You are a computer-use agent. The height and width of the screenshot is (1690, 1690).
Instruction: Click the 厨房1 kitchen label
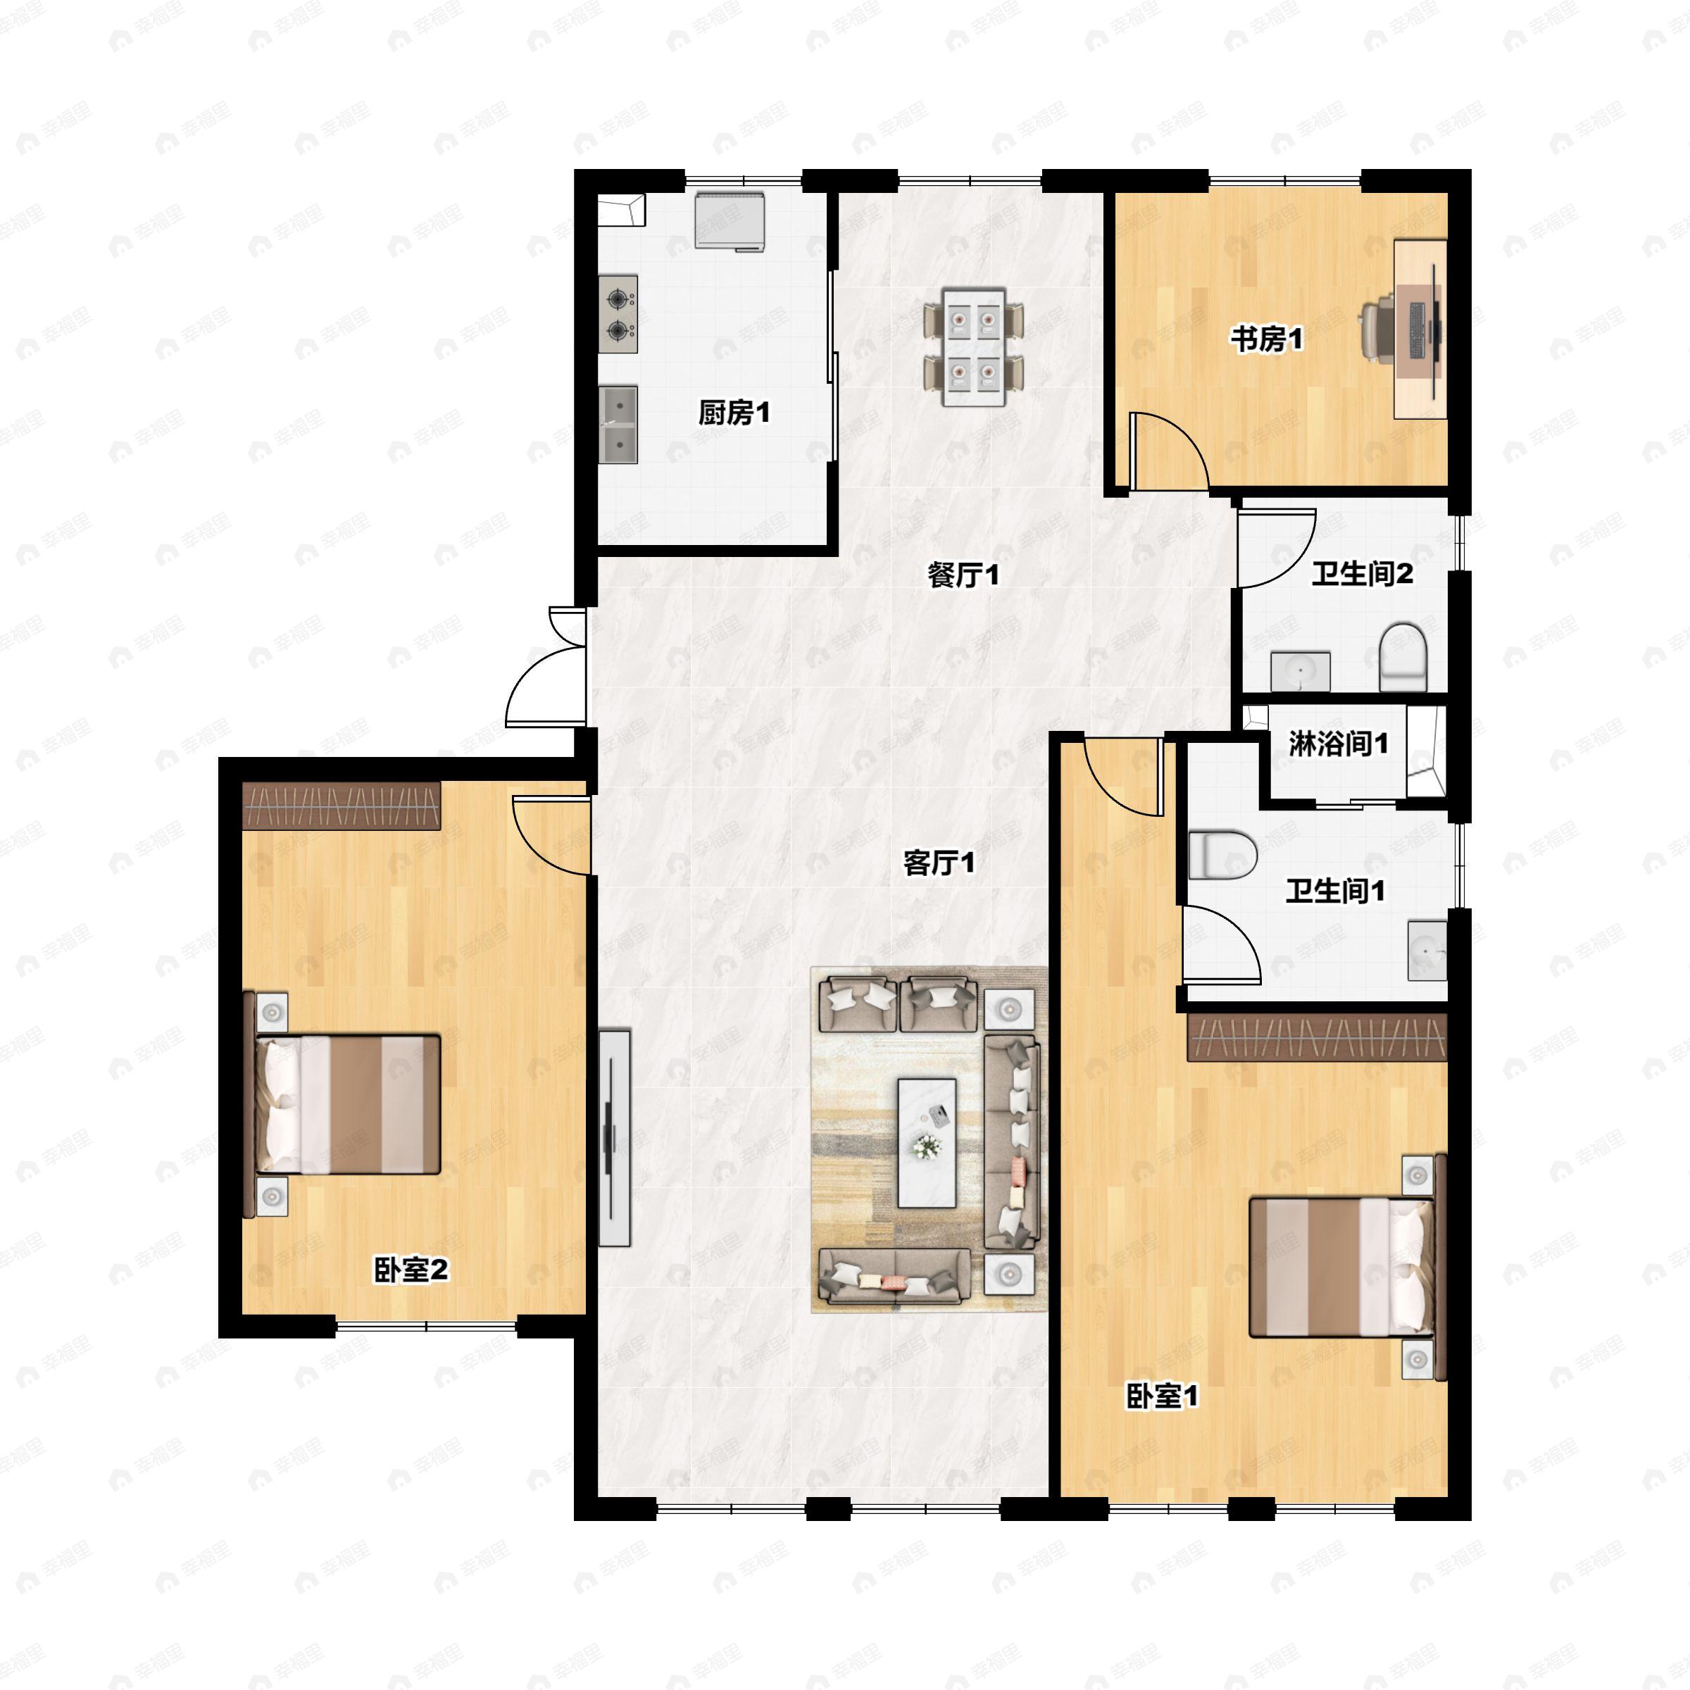tap(734, 412)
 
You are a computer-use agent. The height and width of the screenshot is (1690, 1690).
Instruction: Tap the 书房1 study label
tap(1267, 339)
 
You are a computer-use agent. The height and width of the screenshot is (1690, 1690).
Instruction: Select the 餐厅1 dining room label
tap(963, 575)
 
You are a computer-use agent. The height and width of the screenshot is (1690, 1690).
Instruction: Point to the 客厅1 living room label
tap(939, 863)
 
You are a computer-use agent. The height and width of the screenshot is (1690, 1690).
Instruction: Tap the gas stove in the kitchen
tap(618, 315)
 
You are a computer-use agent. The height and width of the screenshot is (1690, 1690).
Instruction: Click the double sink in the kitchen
tap(618, 425)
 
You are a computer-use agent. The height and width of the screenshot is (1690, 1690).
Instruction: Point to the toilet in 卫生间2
tap(1403, 657)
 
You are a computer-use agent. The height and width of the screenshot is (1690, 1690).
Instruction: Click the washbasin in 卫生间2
tap(1301, 671)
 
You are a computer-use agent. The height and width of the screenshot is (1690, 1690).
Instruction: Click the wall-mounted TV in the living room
tap(615, 1138)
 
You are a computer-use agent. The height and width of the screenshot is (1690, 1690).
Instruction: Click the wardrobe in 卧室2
tap(341, 805)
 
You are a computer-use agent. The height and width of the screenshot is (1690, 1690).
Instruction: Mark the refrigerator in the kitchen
tap(730, 221)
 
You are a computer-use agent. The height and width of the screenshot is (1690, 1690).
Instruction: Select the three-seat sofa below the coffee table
tap(894, 1275)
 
